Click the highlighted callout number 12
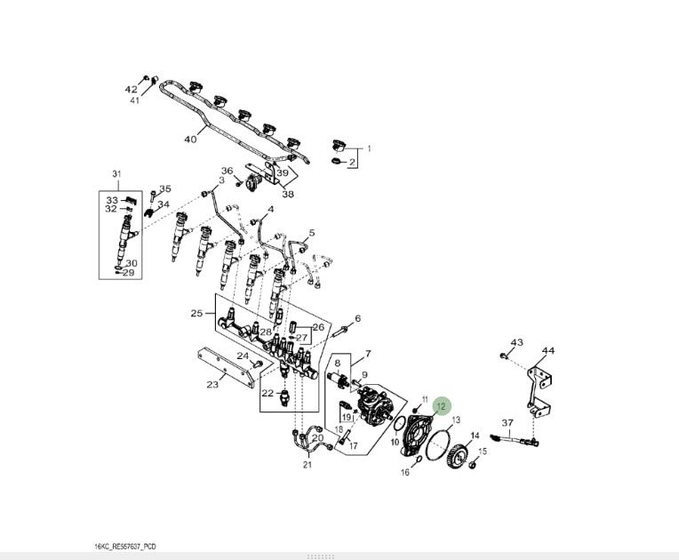(x=442, y=406)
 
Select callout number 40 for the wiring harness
(x=189, y=140)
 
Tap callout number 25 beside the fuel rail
(x=196, y=313)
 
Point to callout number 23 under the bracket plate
(x=212, y=385)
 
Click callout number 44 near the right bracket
(x=548, y=351)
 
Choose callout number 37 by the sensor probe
(x=507, y=422)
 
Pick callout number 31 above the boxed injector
(x=116, y=173)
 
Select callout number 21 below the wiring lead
(x=307, y=464)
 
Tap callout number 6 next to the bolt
(x=357, y=318)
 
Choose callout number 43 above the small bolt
(x=517, y=342)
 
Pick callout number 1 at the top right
(x=369, y=148)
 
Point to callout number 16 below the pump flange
(x=404, y=473)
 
